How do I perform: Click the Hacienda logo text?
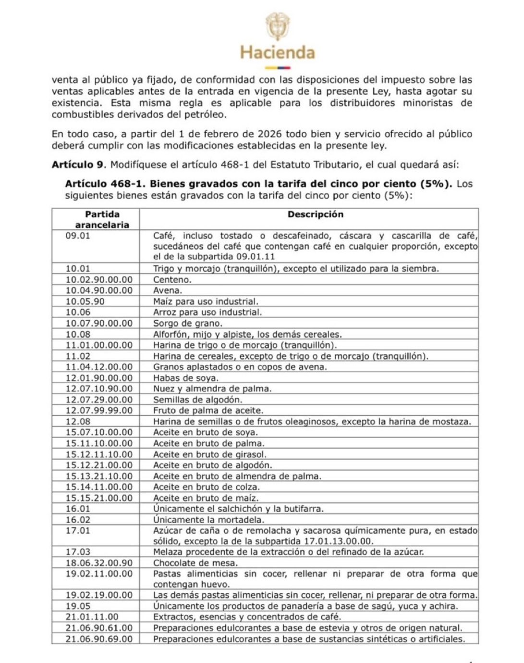[277, 52]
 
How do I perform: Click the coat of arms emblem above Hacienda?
[278, 26]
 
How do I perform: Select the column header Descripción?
[315, 214]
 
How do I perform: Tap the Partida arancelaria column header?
[102, 219]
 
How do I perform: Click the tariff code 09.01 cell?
[78, 236]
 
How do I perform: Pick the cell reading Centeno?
[172, 279]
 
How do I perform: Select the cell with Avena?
[167, 290]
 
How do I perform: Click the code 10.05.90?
[85, 301]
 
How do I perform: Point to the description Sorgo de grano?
[187, 323]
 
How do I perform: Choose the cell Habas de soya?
[185, 378]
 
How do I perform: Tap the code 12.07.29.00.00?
[99, 400]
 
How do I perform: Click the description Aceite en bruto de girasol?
[209, 454]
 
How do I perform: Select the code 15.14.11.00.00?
[99, 487]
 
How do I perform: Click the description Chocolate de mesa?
[195, 563]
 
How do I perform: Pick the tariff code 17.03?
[78, 552]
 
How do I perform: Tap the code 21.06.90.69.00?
[99, 639]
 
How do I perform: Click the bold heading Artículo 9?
[78, 164]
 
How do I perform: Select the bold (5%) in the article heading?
[435, 184]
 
